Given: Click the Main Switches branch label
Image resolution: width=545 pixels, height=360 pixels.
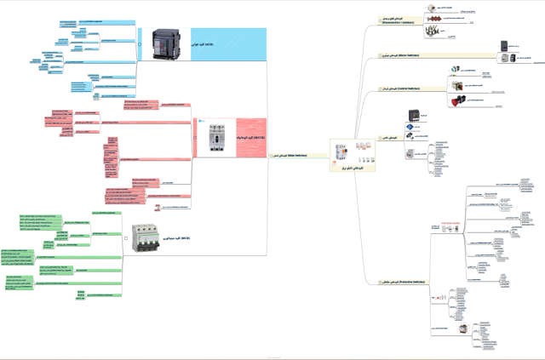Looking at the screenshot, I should point(289,157).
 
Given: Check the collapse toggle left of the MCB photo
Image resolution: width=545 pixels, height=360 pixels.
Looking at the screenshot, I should point(126,239).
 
